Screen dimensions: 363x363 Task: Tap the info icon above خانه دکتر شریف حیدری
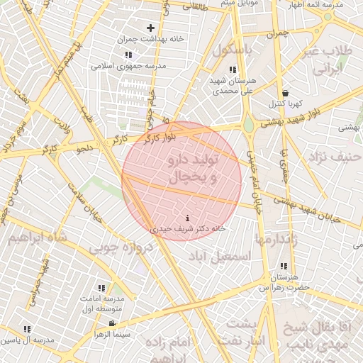pyautogui.click(x=187, y=218)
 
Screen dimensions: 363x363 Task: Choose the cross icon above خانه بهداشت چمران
pyautogui.click(x=150, y=28)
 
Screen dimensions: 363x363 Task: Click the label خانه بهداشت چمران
pyautogui.click(x=151, y=38)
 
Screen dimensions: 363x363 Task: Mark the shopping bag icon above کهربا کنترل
pyautogui.click(x=285, y=93)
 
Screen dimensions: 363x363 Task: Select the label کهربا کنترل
pyautogui.click(x=284, y=104)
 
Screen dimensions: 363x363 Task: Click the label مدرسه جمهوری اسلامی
pyautogui.click(x=128, y=65)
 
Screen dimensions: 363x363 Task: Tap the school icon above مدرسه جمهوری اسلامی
pyautogui.click(x=128, y=55)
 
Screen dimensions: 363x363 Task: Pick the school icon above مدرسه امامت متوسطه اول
pyautogui.click(x=101, y=288)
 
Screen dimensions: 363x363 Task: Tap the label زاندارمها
pyautogui.click(x=270, y=239)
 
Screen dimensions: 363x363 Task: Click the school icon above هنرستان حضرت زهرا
pyautogui.click(x=284, y=266)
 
